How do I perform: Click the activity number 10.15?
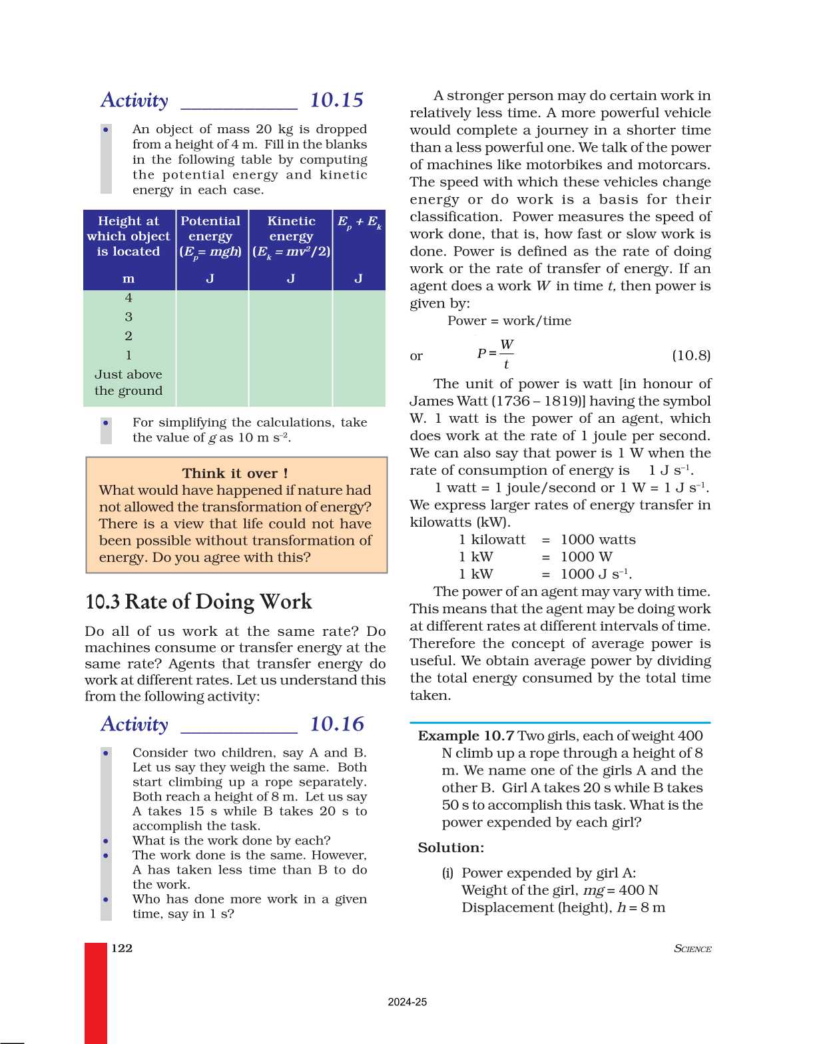[336, 101]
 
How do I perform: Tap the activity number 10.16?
[337, 724]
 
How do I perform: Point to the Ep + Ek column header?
[359, 222]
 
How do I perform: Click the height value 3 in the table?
[129, 317]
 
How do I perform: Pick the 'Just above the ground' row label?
[129, 383]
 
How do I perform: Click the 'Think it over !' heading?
[235, 473]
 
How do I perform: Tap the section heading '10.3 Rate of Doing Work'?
[198, 602]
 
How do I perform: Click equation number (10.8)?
[690, 356]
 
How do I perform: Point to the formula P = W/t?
[495, 354]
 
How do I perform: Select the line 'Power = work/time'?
[509, 321]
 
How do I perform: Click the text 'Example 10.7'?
[465, 736]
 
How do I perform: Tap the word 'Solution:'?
[451, 848]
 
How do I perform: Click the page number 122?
[122, 948]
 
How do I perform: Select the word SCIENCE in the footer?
[692, 949]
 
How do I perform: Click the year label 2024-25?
[407, 1002]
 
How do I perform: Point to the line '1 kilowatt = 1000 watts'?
[547, 539]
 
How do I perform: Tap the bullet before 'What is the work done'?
[106, 841]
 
